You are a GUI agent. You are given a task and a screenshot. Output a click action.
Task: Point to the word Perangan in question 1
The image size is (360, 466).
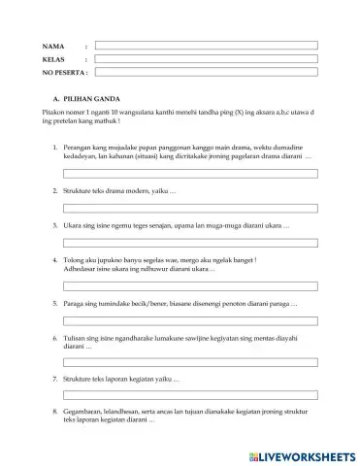[79, 145]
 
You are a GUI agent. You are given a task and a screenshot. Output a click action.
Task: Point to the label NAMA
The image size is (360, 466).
[52, 46]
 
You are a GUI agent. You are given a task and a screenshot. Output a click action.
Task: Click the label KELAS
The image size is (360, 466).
[53, 59]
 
